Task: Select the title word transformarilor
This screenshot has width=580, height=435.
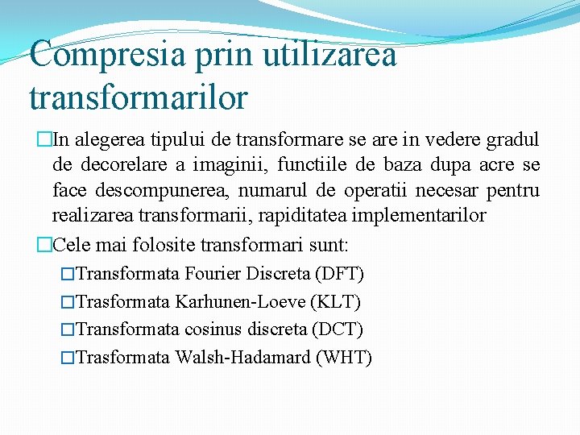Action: coord(138,97)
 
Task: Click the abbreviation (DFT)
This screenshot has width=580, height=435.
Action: coord(340,274)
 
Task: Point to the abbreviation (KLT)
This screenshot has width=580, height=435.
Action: coord(337,302)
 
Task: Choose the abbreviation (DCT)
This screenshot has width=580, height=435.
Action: coord(338,329)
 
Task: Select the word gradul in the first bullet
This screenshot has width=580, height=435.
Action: coord(513,140)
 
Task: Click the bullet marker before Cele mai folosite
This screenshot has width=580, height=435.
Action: coord(43,244)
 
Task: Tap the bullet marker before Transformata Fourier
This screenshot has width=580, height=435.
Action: coord(68,275)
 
